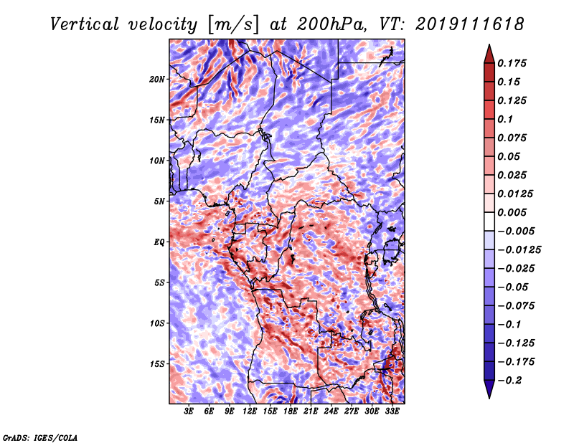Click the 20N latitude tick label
coord(157,79)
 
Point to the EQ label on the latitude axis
coord(159,242)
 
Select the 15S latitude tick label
coord(157,363)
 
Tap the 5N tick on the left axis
coord(159,201)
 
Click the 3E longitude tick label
coord(189,411)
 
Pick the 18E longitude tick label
coord(291,411)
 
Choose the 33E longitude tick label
coord(392,411)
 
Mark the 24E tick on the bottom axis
coord(331,411)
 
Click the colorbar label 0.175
coord(514,63)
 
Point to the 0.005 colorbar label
coord(514,212)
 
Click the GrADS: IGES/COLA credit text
coord(39,437)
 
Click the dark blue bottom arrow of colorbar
coord(489,391)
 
